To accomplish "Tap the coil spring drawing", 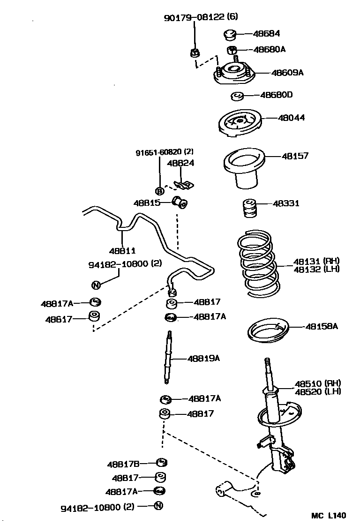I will [257, 263].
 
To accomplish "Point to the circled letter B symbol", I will [159, 191].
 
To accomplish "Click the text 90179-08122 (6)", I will [201, 18].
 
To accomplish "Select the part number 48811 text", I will [123, 251].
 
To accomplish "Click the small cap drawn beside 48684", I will [229, 35].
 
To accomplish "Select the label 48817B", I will [123, 464].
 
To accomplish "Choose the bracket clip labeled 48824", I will [184, 184].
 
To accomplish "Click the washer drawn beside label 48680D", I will [238, 97].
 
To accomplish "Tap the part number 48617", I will [59, 319].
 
